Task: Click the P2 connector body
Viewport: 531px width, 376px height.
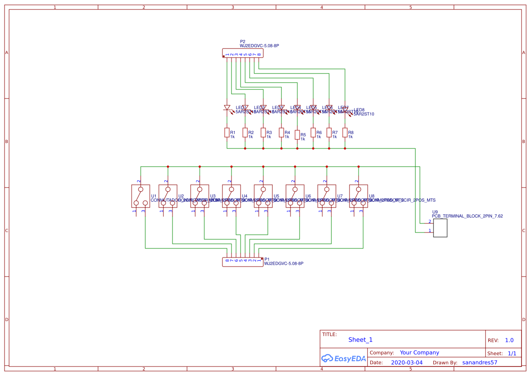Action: [x=243, y=54]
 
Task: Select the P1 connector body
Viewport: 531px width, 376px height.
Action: [x=243, y=262]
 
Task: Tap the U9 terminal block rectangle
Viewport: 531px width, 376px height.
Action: [x=440, y=228]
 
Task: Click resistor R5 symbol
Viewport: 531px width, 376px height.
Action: [x=297, y=135]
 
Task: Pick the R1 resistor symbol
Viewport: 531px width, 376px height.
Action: [x=227, y=132]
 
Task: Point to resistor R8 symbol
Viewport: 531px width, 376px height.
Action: [x=345, y=132]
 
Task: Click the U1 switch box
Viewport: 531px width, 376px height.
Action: [x=140, y=196]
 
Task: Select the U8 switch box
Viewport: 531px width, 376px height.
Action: [x=358, y=196]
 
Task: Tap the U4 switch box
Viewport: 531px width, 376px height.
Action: [x=231, y=196]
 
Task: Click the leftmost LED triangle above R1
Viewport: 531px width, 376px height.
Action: [x=227, y=108]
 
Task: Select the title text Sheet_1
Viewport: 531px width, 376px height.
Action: [x=360, y=340]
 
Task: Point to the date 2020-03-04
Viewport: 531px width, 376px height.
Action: [x=407, y=362]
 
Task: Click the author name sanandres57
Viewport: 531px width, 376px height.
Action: [x=480, y=362]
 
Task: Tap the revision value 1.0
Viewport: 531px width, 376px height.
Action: [x=509, y=340]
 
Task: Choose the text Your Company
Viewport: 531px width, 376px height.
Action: [x=419, y=352]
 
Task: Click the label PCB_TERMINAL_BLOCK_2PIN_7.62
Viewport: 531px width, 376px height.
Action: [x=467, y=216]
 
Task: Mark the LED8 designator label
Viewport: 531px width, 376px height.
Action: [x=359, y=110]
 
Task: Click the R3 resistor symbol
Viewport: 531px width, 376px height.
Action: [x=263, y=132]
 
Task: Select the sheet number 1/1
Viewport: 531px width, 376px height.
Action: [x=512, y=353]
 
